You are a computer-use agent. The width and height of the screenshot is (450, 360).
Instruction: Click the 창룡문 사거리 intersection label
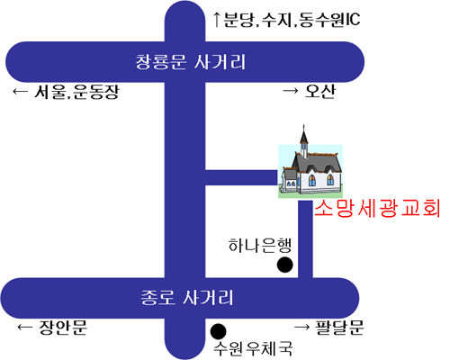(x=191, y=62)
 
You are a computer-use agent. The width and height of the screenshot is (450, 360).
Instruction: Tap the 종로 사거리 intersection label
(x=186, y=298)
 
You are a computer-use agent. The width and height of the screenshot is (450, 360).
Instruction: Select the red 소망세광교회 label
(x=377, y=208)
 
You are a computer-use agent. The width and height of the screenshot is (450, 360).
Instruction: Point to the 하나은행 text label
(x=260, y=246)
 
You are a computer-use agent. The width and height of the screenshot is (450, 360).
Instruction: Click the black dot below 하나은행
(x=284, y=265)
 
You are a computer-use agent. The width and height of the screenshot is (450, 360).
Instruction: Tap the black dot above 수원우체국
(x=218, y=331)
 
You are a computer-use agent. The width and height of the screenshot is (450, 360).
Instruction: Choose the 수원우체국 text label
(x=253, y=348)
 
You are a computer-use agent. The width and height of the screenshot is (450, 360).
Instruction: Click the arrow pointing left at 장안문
(x=24, y=327)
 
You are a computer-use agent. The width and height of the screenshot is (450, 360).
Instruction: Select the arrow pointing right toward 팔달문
(x=302, y=327)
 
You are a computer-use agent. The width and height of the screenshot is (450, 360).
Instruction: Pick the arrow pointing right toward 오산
(x=291, y=90)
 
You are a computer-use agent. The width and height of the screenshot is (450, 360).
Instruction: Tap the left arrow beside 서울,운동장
(x=20, y=91)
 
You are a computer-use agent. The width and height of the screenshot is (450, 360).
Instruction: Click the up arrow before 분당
(x=217, y=20)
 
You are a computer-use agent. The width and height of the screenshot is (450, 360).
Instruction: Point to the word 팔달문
(x=339, y=328)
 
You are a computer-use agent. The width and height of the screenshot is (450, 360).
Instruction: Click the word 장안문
(x=63, y=328)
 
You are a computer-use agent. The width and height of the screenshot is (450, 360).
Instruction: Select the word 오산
(x=319, y=91)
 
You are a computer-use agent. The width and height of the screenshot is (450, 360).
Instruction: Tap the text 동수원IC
(x=329, y=20)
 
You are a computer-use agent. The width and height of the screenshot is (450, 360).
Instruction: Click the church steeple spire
(x=304, y=134)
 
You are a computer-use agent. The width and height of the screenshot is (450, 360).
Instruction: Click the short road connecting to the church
(x=241, y=177)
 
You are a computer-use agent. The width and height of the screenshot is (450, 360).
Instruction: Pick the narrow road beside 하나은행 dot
(x=305, y=239)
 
